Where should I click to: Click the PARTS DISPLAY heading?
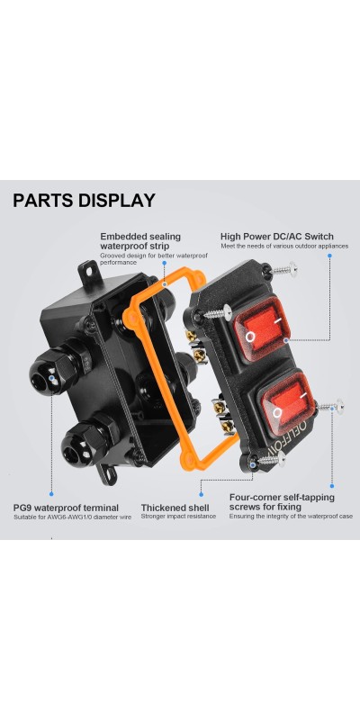click(84, 201)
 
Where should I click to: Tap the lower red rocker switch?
click(287, 398)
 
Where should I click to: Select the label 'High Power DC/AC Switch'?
click(277, 237)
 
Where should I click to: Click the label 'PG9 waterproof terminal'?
click(66, 508)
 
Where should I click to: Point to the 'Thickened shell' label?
click(175, 508)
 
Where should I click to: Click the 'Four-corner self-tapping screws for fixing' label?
click(282, 502)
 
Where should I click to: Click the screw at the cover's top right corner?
click(282, 268)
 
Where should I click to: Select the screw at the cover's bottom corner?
click(271, 459)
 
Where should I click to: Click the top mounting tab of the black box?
click(88, 271)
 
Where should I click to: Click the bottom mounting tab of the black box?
click(107, 473)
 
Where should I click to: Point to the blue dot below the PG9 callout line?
click(51, 494)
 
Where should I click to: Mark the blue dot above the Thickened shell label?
click(201, 494)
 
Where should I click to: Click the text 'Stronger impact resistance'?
click(178, 517)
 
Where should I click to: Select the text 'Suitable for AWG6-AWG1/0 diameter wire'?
click(73, 517)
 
